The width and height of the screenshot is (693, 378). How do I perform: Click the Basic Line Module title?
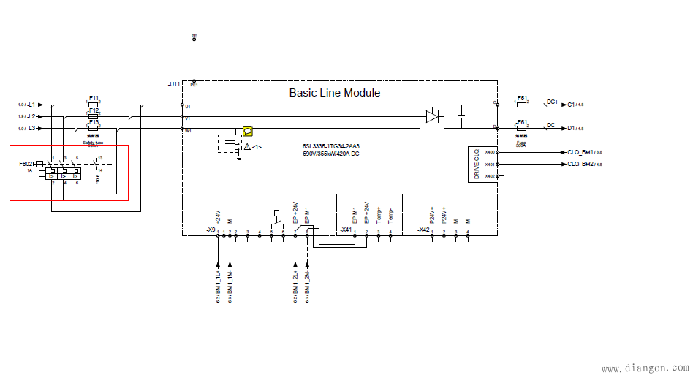[334, 93]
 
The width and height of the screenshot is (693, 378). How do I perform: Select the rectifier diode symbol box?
[431, 117]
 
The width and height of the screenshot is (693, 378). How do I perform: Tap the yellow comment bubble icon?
[247, 131]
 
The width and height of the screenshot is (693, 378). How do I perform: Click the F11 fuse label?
[94, 97]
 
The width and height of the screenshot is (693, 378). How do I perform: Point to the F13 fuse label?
[94, 122]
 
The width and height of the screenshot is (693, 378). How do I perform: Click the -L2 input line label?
[34, 116]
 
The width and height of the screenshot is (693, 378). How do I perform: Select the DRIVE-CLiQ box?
[476, 165]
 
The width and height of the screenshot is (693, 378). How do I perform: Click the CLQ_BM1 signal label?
[580, 152]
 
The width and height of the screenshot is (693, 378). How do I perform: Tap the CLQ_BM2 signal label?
[580, 165]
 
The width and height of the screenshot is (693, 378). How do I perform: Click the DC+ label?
[552, 102]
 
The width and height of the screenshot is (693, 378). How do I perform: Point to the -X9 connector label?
[211, 230]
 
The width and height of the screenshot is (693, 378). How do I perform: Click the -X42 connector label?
[423, 230]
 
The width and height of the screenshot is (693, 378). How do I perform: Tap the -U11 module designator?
[173, 84]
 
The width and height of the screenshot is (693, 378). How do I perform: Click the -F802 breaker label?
[26, 164]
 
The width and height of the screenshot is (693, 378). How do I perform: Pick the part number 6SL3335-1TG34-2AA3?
[330, 147]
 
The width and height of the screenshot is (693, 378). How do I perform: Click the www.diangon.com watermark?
[644, 369]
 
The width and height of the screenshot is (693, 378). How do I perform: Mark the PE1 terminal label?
[194, 85]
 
